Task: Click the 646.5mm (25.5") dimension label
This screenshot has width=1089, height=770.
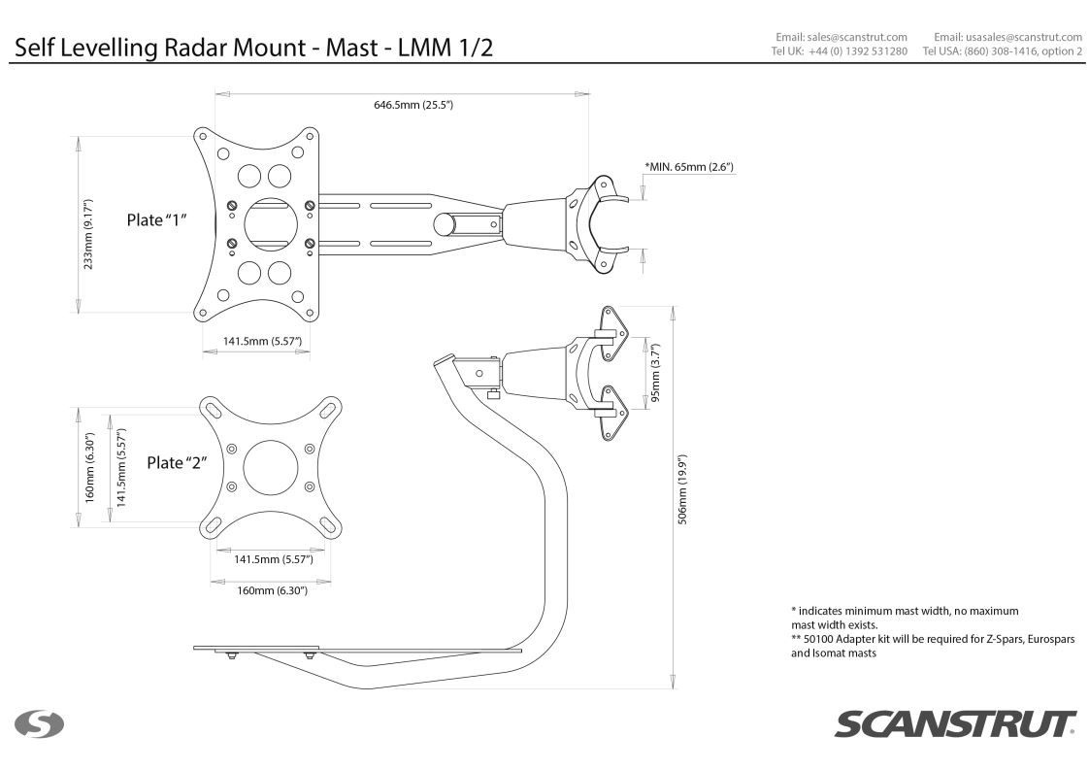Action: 412,105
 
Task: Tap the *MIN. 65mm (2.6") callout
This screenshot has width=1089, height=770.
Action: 688,167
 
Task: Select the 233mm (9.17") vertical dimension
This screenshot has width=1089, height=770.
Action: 89,220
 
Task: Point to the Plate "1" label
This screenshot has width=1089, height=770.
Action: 157,220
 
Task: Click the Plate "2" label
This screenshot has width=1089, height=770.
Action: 178,462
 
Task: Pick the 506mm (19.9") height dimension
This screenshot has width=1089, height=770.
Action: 682,490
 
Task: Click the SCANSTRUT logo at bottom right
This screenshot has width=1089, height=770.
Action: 955,724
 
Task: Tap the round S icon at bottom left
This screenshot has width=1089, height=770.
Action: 38,724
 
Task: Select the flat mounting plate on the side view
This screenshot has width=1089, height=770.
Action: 255,648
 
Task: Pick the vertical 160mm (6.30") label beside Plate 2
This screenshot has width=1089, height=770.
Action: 89,468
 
